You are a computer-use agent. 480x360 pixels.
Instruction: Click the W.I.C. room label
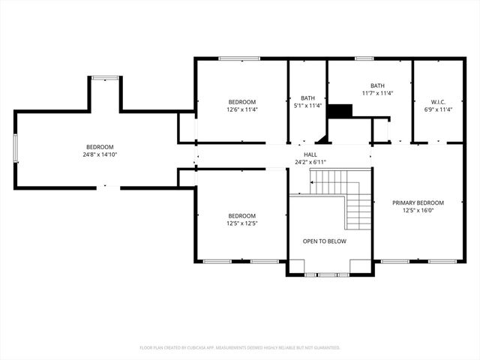[438, 101]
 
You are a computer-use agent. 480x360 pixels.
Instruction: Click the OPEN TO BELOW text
[324, 241]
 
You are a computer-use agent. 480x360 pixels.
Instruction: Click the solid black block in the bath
[341, 111]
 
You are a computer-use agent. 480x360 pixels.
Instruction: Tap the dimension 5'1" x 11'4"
[307, 106]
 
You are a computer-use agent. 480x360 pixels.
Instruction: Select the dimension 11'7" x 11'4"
[377, 93]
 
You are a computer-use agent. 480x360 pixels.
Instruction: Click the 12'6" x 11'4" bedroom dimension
[242, 109]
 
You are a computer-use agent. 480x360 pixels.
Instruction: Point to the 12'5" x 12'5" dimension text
[242, 223]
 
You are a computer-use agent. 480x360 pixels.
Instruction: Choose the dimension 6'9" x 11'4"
[438, 109]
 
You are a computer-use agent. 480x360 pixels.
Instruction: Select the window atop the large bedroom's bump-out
[105, 76]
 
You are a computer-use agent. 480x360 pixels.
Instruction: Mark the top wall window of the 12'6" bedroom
[239, 58]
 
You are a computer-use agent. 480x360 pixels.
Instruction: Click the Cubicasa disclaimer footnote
[240, 347]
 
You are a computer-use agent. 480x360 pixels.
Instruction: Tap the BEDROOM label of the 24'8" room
[99, 147]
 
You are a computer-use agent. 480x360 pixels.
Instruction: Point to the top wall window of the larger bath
[364, 58]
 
